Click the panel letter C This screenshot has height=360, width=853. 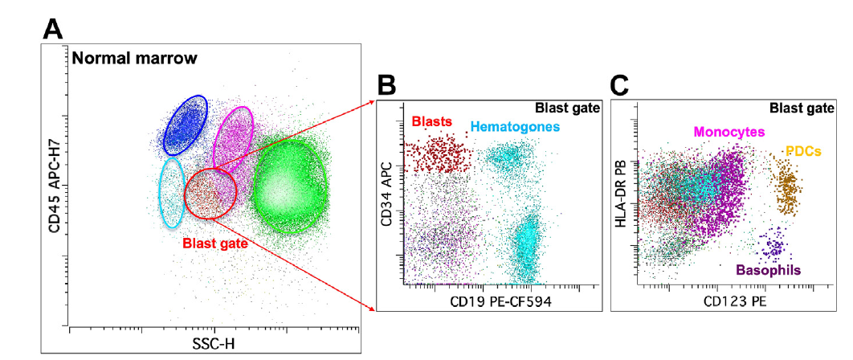[620, 85]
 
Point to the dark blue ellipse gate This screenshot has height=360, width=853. [186, 125]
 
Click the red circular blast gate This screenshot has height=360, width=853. [211, 195]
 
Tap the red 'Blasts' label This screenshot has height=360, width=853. [432, 122]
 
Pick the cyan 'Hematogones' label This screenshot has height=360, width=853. [515, 126]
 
